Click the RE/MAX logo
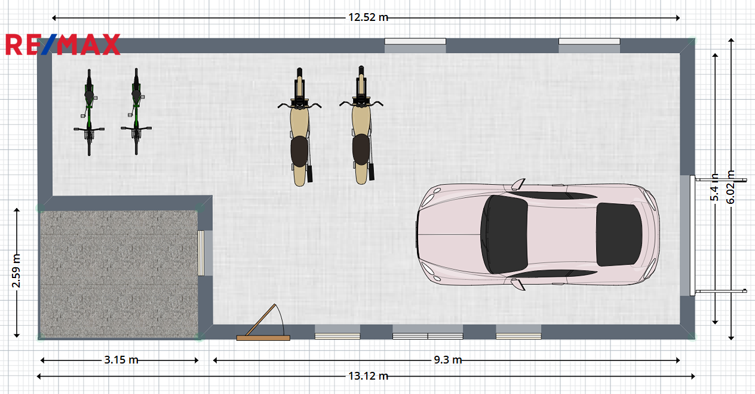click(x=63, y=44)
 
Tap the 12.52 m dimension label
click(x=368, y=17)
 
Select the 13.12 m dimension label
click(x=368, y=376)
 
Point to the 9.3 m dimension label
click(x=447, y=360)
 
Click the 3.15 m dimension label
click(x=121, y=360)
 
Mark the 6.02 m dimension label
click(x=731, y=187)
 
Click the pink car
click(x=538, y=234)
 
